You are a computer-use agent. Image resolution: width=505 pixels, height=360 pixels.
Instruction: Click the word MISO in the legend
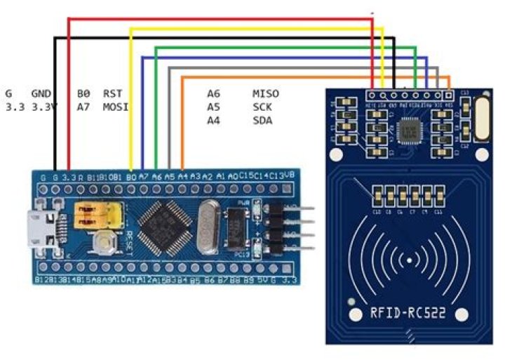click(265, 93)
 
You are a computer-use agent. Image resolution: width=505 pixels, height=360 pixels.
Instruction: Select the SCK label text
click(262, 107)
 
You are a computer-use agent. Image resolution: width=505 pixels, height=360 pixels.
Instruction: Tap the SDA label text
click(262, 121)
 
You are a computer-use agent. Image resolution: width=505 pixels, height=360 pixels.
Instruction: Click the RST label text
click(112, 93)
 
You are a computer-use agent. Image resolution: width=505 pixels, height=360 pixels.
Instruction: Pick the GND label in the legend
click(41, 93)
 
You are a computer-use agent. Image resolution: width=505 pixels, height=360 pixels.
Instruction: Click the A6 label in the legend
click(213, 93)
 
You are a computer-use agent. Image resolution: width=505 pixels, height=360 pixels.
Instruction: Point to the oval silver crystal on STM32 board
click(208, 227)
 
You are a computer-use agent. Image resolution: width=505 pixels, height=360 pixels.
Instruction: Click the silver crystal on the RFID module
click(481, 118)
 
